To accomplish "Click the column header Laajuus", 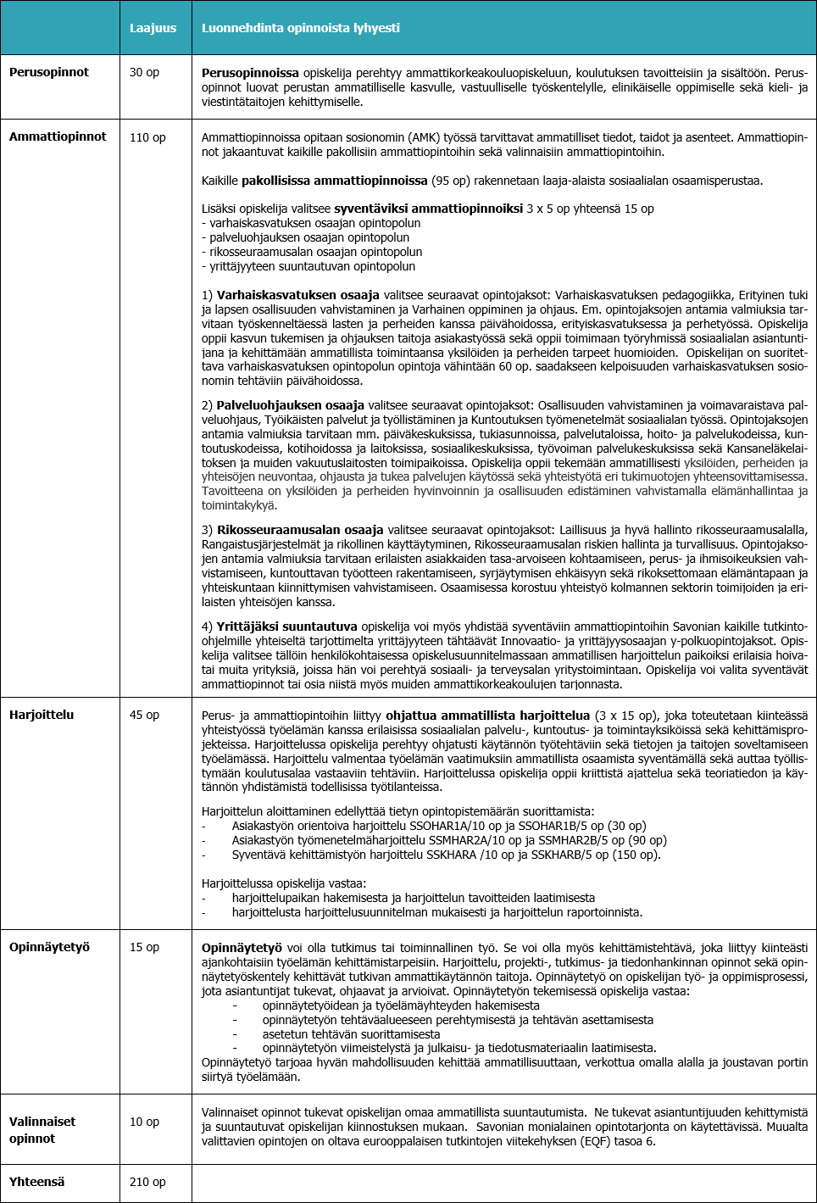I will tap(153, 28).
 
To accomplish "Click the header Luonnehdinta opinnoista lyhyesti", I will tap(300, 28).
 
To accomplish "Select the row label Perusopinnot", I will tap(49, 72).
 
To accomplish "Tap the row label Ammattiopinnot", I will tap(58, 136).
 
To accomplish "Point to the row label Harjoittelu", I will tap(42, 715).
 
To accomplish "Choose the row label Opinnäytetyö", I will tap(49, 947).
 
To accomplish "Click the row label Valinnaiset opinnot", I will tap(42, 1129).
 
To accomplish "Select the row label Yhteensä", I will tap(36, 1182).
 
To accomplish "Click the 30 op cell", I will tap(144, 72).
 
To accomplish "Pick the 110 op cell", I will tap(147, 137).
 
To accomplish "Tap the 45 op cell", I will tap(144, 715).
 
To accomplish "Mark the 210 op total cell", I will tap(147, 1182).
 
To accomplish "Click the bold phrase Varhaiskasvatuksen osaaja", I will tap(297, 295).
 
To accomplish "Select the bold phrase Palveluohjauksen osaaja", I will tap(290, 405).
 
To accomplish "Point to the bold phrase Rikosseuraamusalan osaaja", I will tap(300, 530).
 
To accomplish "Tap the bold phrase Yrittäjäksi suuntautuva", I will tap(286, 627).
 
